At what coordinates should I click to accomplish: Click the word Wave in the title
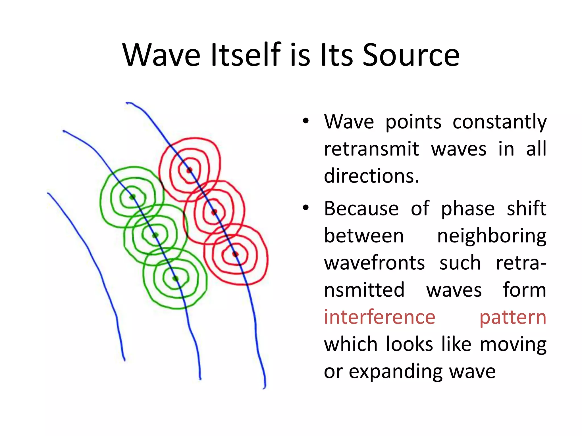161,55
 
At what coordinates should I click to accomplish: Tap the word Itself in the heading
246,55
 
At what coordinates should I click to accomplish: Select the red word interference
379,317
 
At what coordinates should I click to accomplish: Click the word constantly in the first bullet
499,122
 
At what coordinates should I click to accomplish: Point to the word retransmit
371,149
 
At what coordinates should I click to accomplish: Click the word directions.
371,176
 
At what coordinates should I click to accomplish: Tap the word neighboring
492,236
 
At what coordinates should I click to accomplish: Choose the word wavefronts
374,263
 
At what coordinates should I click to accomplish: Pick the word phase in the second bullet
468,209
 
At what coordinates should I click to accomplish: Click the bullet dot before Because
305,208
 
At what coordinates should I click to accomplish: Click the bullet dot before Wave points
305,121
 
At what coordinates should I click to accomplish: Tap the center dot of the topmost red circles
189,170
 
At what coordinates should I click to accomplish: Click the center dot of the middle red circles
214,212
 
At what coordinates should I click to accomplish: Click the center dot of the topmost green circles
132,197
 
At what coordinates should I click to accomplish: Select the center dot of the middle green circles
155,235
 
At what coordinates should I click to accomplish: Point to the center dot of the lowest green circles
175,278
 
